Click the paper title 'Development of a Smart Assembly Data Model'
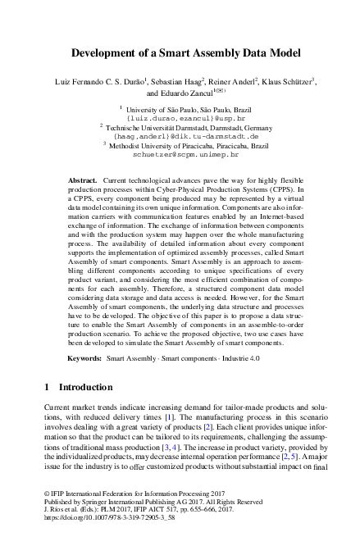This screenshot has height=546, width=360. click(x=180, y=53)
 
